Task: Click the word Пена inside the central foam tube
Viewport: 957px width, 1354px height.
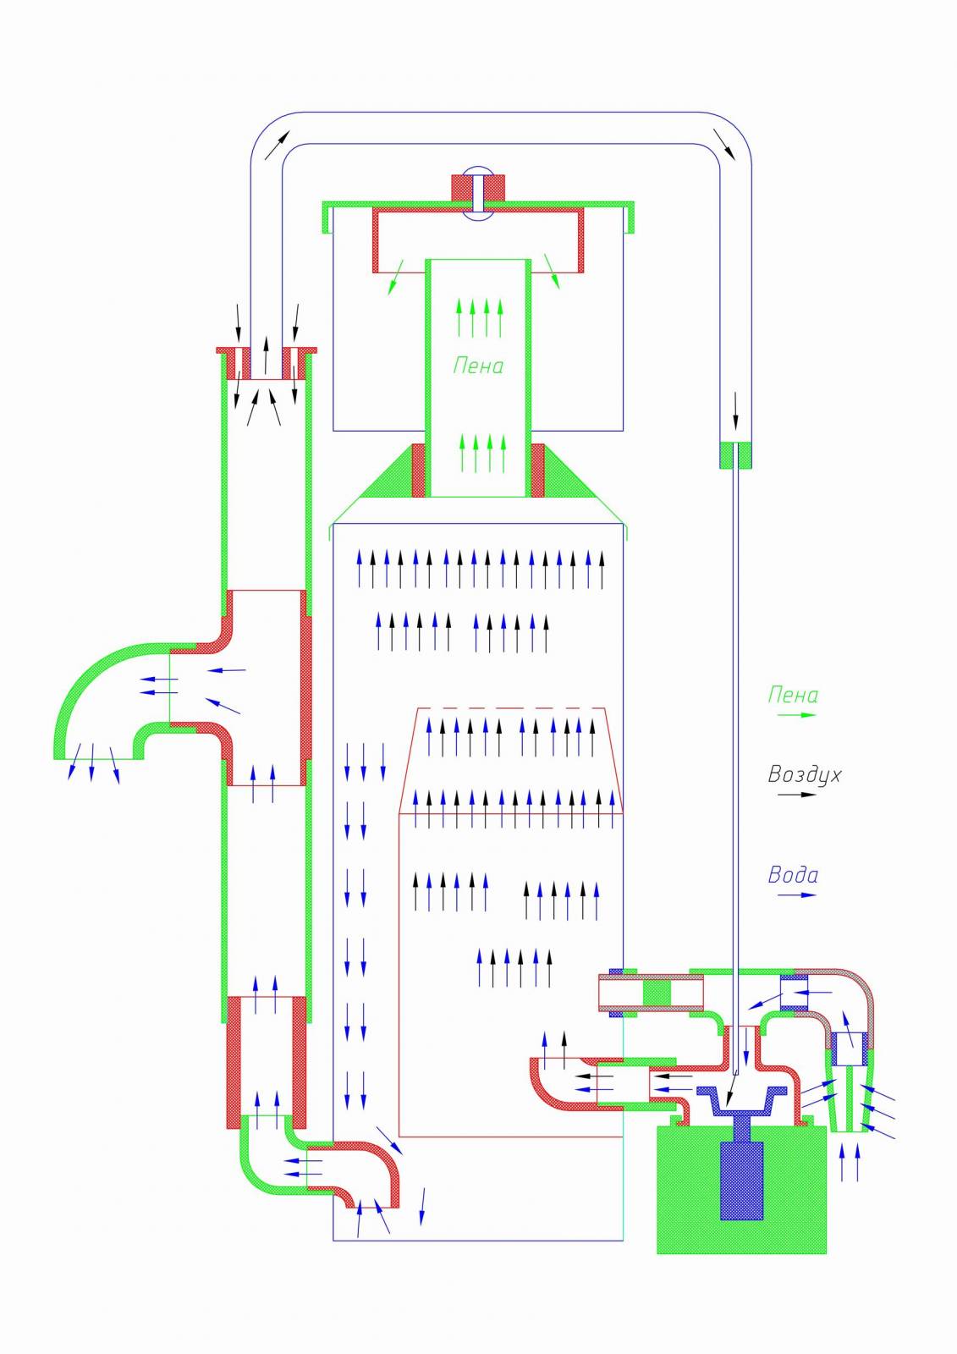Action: (x=478, y=366)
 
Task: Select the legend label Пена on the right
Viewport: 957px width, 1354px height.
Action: (x=793, y=695)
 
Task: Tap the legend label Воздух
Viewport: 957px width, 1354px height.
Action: (x=804, y=775)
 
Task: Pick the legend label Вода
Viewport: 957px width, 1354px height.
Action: (x=793, y=875)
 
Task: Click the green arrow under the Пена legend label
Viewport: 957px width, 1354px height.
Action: (x=796, y=715)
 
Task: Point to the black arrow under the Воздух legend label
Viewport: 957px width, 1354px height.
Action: (x=796, y=795)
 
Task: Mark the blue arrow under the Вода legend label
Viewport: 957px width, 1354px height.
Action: (x=796, y=894)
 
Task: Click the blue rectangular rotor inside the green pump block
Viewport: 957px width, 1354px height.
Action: (x=741, y=1181)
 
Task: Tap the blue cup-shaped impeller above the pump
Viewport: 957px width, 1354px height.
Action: (x=742, y=1101)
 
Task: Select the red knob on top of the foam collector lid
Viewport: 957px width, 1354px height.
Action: (x=478, y=188)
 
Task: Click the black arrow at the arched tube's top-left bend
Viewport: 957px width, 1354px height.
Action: (x=278, y=145)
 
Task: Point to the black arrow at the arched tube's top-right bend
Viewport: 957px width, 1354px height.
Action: (x=724, y=144)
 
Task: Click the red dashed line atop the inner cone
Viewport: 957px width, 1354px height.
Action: (x=511, y=707)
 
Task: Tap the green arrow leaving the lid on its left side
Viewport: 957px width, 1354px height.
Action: (x=396, y=278)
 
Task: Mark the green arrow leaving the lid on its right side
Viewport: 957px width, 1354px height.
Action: (x=552, y=271)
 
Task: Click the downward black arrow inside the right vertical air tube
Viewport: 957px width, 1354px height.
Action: (x=736, y=411)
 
